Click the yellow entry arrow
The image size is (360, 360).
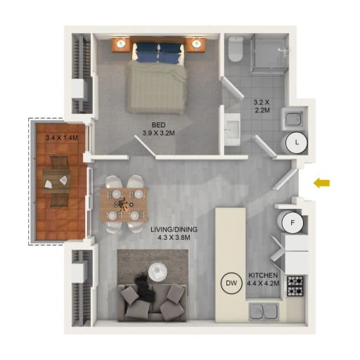pos(322,183)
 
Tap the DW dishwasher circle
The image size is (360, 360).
pos(231,283)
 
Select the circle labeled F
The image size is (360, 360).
pos(292,223)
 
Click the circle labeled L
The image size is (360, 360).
pos(297,142)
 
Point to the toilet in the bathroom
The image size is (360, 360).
pos(236,49)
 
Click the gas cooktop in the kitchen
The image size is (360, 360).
pos(295,285)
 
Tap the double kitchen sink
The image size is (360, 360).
pos(264,312)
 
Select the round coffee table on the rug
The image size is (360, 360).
pos(157,272)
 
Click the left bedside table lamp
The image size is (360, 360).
pos(121,44)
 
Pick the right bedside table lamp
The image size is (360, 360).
pos(196,44)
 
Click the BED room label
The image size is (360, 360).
pos(158,124)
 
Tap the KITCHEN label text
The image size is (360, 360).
pos(263,275)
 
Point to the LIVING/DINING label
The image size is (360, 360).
pos(174,229)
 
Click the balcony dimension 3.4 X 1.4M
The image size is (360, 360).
pos(62,138)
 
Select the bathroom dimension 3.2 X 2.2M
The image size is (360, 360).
pos(262,106)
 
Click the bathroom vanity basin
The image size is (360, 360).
pos(232,129)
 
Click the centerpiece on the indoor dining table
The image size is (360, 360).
pos(122,203)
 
